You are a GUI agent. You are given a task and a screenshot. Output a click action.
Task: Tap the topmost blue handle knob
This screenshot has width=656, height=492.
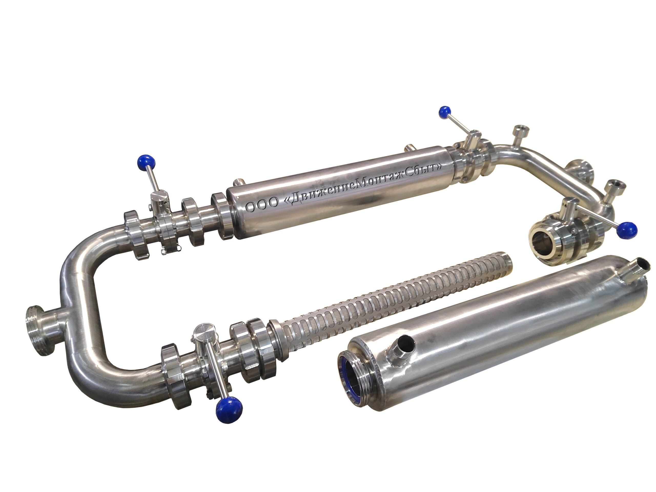pyautogui.click(x=445, y=113)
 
